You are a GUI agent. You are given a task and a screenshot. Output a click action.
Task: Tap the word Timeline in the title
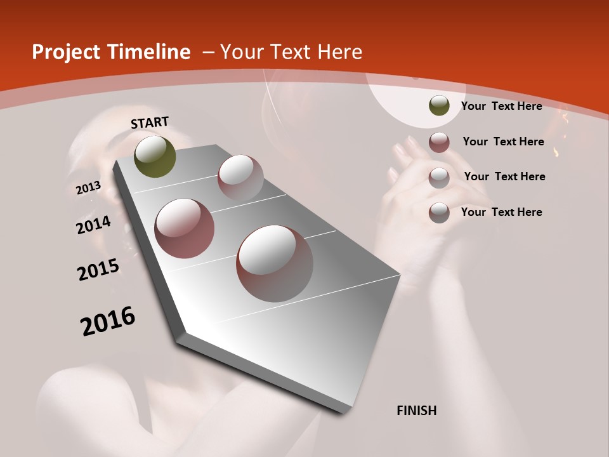(x=150, y=52)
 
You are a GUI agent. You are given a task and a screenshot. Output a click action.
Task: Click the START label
(x=150, y=123)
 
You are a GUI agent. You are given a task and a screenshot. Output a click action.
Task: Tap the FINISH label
(x=417, y=411)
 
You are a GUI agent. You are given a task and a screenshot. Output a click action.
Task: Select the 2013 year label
(x=89, y=188)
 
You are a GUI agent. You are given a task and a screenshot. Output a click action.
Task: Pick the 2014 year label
(x=94, y=225)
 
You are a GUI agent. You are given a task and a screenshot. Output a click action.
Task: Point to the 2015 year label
(x=98, y=270)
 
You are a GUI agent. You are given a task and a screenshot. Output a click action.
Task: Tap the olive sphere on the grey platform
(x=155, y=157)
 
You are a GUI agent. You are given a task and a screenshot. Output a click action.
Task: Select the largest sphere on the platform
(x=275, y=263)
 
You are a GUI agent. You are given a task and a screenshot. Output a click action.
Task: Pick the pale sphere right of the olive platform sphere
(x=240, y=177)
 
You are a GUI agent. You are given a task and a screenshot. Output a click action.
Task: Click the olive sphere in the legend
(x=439, y=106)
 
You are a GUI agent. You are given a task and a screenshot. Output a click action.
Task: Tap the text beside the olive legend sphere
(x=501, y=106)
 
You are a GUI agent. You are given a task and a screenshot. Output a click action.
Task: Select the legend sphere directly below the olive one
(x=439, y=142)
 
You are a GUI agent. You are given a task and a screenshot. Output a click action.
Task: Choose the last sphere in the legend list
(x=439, y=213)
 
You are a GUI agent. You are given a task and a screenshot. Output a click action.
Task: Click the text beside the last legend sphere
(x=501, y=212)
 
